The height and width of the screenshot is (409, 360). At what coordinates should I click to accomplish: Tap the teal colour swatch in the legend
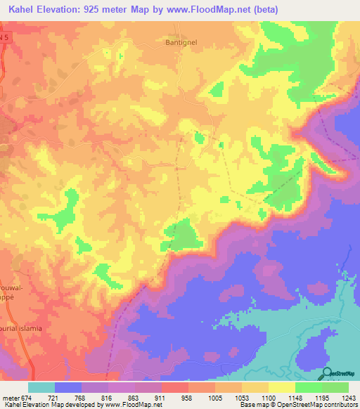[x=41, y=387]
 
